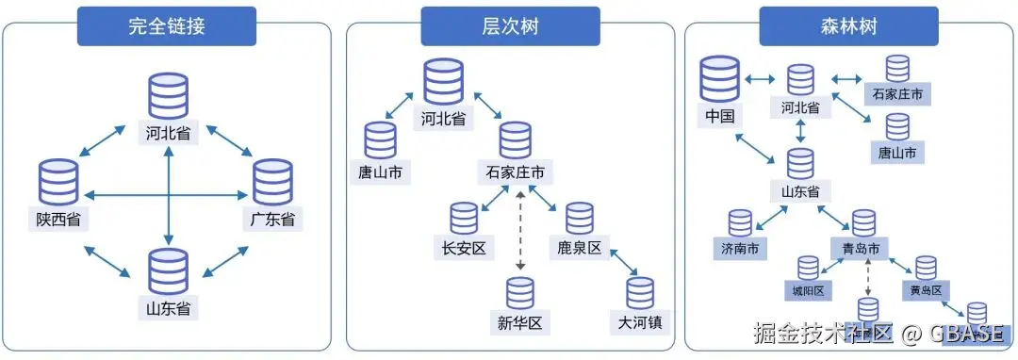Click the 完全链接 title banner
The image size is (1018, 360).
[x=166, y=27]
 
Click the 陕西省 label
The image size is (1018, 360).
[x=58, y=220]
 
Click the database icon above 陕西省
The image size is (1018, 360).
[x=58, y=183]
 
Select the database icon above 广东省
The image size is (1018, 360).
[x=272, y=183]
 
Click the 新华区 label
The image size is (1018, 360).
[x=517, y=322]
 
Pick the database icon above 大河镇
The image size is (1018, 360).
[x=640, y=293]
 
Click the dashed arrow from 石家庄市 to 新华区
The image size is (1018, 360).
[x=519, y=231]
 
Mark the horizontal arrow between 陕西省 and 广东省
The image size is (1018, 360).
[x=166, y=195]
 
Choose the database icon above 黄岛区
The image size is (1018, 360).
[x=926, y=268]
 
